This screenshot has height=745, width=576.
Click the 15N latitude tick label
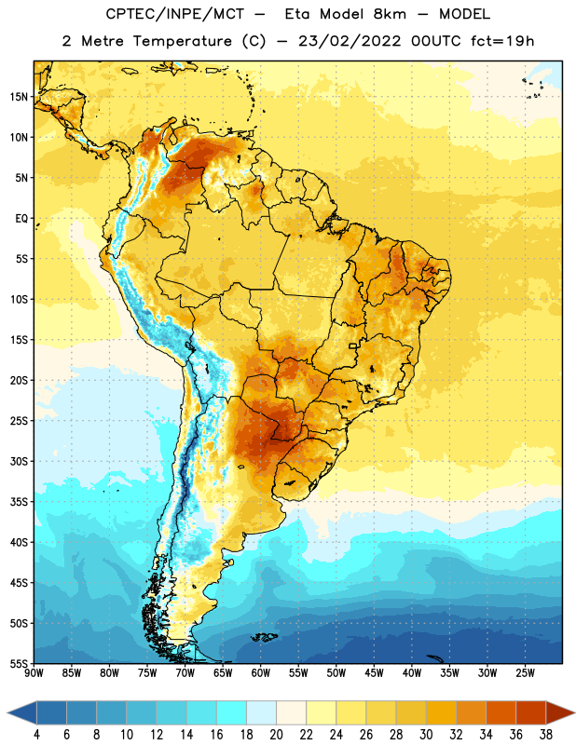[19, 97]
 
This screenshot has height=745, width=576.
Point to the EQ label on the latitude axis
[21, 219]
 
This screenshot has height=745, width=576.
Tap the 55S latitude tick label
[19, 663]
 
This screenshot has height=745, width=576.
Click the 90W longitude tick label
[34, 673]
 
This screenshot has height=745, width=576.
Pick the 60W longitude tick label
[261, 673]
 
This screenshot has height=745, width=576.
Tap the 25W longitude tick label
[525, 673]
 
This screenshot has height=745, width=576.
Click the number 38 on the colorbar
[545, 735]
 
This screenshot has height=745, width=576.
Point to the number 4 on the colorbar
[36, 735]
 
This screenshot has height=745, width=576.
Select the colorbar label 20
[276, 735]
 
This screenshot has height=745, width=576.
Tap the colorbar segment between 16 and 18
[232, 712]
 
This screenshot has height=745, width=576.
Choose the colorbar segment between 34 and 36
[501, 712]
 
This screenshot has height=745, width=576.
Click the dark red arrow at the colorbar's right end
[559, 712]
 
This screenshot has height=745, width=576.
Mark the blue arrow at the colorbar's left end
[22, 712]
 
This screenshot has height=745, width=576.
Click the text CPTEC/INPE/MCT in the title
[175, 14]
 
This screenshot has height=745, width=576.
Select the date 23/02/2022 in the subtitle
[350, 41]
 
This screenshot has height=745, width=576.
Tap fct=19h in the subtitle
[502, 41]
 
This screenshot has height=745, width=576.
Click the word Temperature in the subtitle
[182, 41]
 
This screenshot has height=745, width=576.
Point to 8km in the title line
[390, 14]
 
